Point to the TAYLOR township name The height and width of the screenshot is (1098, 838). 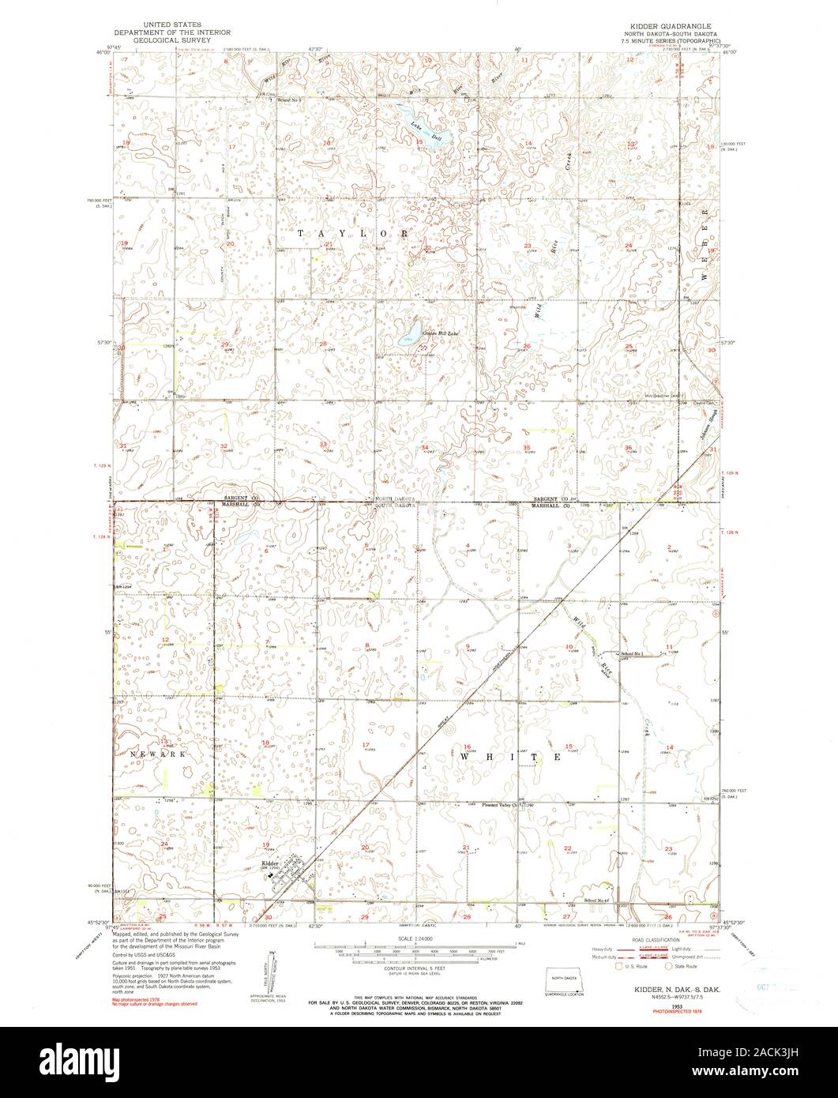point(355,234)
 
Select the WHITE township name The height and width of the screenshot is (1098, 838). point(510,757)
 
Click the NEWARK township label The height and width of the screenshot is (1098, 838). point(154,754)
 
